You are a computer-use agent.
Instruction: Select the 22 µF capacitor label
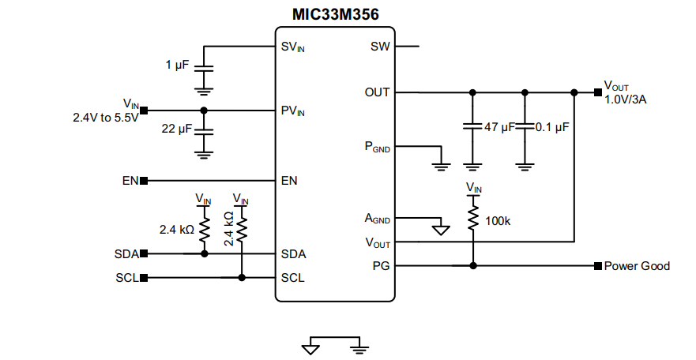click(x=177, y=128)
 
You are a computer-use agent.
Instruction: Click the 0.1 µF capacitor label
click(x=552, y=126)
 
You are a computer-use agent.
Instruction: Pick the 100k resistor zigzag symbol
click(x=472, y=217)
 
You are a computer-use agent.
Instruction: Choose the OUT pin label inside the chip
click(x=377, y=92)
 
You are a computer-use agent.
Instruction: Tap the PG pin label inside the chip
click(x=381, y=266)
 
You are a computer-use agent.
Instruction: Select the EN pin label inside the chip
click(x=289, y=181)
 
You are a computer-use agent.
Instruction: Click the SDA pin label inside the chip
click(x=293, y=254)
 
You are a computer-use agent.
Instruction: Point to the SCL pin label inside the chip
click(x=292, y=278)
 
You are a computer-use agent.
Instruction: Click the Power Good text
click(x=637, y=266)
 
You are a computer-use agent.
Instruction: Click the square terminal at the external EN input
click(x=144, y=181)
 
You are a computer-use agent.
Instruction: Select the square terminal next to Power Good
click(x=598, y=266)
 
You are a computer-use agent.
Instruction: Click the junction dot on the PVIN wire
click(x=204, y=110)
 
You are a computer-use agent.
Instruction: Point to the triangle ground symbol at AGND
click(x=441, y=231)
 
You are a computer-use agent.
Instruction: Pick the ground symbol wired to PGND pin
click(x=441, y=166)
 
